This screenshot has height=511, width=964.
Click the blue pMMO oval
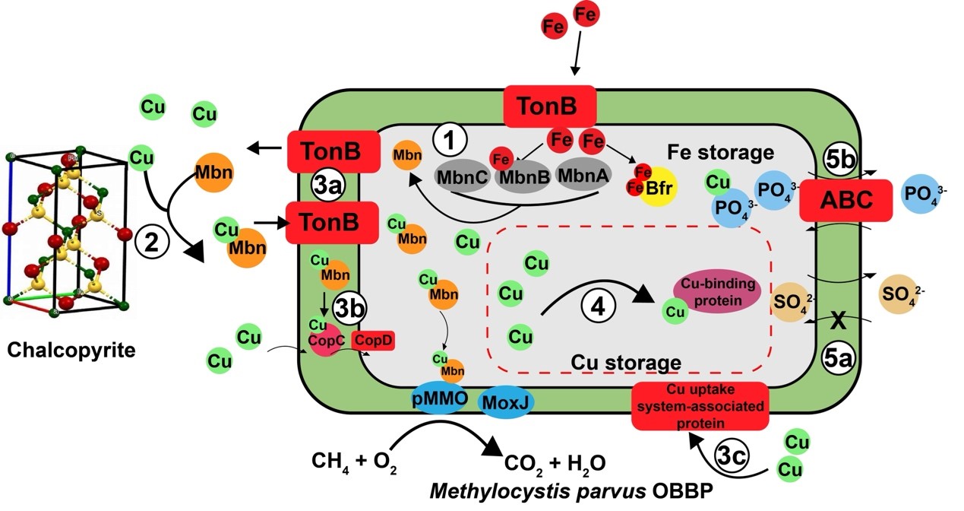[439, 398]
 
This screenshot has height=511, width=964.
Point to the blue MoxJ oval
[507, 399]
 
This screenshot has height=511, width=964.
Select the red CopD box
[373, 341]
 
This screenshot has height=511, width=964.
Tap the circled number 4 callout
[599, 308]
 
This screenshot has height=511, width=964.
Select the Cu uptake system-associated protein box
[700, 407]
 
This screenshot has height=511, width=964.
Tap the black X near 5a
[838, 321]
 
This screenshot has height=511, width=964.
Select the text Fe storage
[719, 153]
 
